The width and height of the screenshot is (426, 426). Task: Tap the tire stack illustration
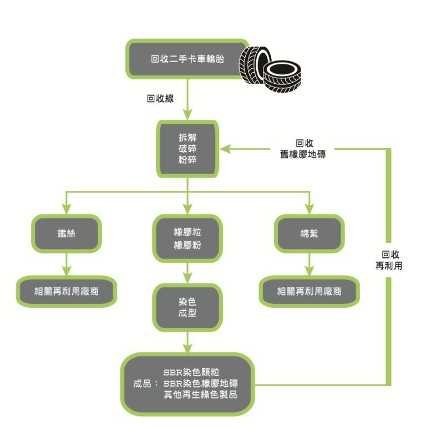[x=272, y=69]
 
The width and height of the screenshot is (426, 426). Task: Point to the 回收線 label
[x=160, y=99]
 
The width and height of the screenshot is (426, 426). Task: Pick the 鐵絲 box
[x=67, y=234]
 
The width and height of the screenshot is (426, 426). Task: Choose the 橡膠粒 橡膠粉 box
[x=187, y=239]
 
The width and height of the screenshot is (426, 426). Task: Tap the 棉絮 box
[x=309, y=234]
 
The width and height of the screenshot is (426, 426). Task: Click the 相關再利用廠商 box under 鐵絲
[x=67, y=290]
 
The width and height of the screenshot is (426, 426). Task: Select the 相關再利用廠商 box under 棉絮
[x=309, y=290]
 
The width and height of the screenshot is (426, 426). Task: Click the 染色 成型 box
[x=187, y=307]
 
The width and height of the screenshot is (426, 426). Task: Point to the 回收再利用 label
[x=388, y=260]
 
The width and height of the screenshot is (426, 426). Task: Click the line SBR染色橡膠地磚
[x=200, y=383]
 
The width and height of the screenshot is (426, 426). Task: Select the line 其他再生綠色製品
[x=200, y=394]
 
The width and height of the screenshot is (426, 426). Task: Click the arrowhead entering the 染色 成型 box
[x=187, y=280]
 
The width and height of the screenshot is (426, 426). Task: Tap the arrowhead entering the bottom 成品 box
[x=187, y=348]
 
